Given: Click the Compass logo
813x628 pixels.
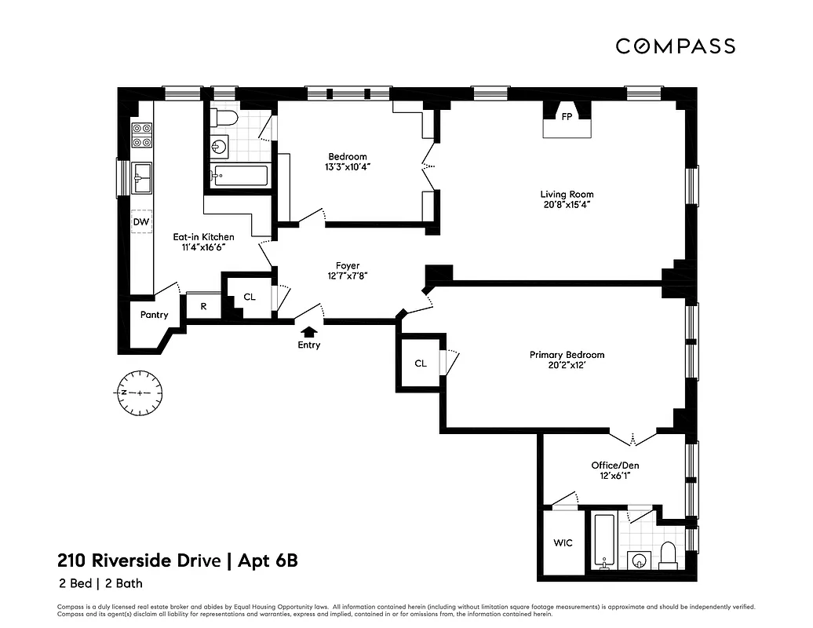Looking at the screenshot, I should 675,46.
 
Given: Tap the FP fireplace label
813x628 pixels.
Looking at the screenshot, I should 566,116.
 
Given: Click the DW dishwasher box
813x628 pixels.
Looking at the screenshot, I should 141,222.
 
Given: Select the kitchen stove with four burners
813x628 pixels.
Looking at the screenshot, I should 141,135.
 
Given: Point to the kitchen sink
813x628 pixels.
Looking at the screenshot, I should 142,177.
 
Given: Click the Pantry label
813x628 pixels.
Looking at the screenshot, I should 154,315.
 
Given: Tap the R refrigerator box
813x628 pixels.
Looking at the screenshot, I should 203,306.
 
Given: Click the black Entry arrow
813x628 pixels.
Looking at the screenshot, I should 309,332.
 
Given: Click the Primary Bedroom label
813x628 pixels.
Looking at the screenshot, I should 567,355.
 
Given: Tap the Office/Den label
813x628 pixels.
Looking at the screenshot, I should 614,465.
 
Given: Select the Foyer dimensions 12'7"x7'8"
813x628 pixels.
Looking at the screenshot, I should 348,276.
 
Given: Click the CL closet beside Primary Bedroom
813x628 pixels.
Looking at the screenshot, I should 421,363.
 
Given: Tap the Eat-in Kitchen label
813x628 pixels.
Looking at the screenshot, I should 203,236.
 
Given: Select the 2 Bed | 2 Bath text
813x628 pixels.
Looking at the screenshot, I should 100,583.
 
